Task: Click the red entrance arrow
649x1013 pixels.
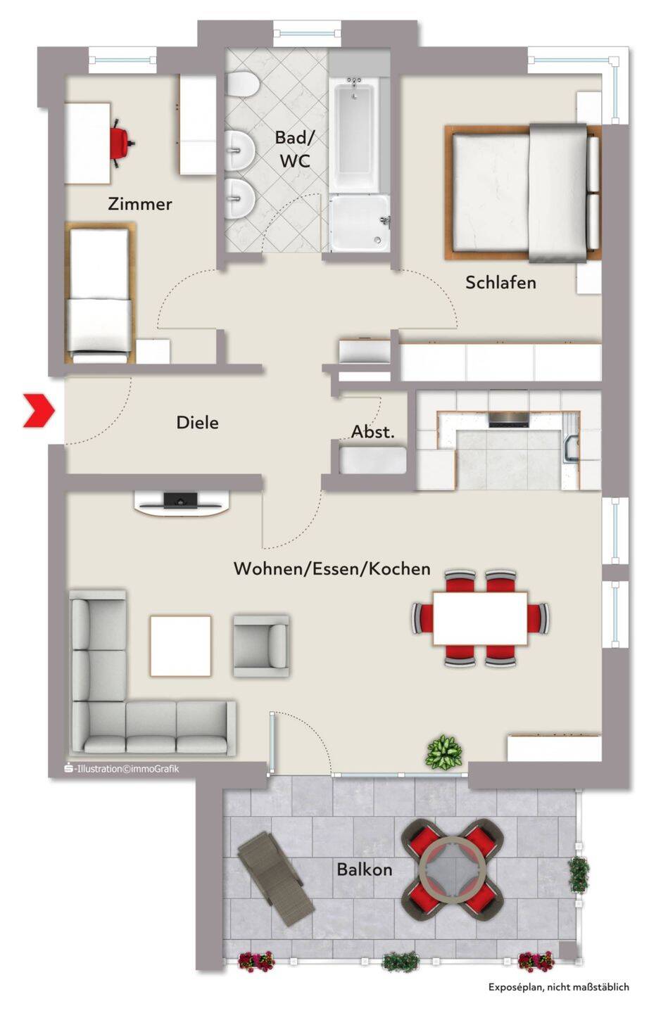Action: [40, 410]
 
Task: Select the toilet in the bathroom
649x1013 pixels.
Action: [242, 84]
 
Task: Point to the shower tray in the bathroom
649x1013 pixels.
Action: [360, 223]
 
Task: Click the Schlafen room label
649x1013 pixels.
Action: [500, 282]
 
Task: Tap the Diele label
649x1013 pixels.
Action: [197, 422]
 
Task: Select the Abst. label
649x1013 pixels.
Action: [373, 432]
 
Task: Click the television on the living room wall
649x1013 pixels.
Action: [181, 499]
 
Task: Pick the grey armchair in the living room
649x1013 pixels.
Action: [260, 645]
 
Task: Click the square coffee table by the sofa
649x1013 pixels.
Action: [181, 646]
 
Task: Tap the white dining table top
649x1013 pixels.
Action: [480, 618]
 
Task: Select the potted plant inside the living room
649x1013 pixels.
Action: [444, 751]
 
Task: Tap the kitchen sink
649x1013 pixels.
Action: [571, 449]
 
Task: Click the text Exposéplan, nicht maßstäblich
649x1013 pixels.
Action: [558, 987]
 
